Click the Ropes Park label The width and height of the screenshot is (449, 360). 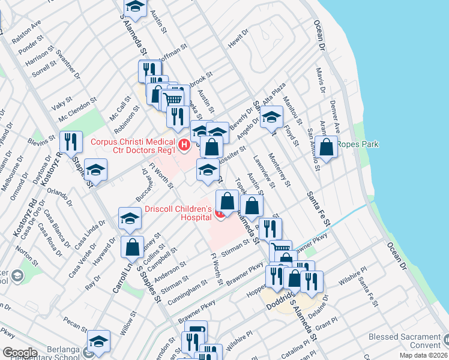pyautogui.click(x=358, y=144)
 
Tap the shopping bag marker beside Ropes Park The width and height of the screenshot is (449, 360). pyautogui.click(x=327, y=147)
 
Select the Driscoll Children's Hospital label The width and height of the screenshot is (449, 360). pyautogui.click(x=178, y=213)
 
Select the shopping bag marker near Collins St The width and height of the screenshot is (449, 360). pyautogui.click(x=131, y=247)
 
